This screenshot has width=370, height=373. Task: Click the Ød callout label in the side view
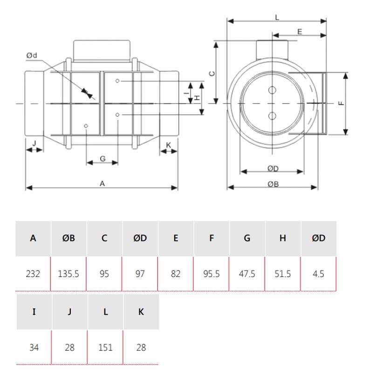32,55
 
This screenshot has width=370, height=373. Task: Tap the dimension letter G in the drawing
103,159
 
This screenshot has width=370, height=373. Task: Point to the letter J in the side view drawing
34,143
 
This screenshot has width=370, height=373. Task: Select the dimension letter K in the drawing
168,145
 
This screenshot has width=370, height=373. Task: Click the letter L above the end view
277,17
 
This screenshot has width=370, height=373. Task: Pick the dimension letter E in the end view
300,31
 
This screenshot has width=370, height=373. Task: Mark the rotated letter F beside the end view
341,103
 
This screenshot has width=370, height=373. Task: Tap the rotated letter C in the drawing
212,74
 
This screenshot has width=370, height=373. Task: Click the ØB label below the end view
273,184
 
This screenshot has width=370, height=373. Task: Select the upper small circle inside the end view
272,90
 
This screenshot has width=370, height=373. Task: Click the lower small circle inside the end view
272,116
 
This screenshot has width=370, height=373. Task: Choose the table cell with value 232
33,274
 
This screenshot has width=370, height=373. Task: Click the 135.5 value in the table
69,274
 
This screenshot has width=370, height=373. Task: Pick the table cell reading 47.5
247,274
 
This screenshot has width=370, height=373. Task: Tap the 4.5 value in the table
318,274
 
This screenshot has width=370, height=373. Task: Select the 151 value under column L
105,347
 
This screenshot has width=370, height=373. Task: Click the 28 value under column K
141,347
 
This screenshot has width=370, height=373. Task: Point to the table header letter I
34,311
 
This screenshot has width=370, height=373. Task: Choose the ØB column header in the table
69,238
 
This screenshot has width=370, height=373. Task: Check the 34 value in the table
34,347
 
